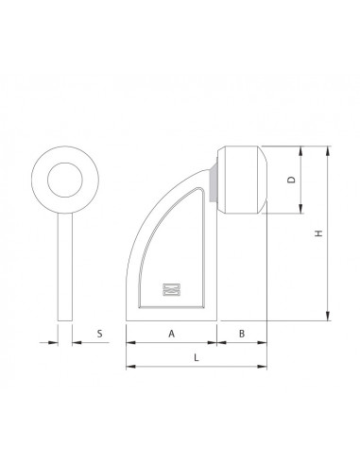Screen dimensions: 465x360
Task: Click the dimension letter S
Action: point(98,335)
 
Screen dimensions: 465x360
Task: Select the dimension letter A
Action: point(171,334)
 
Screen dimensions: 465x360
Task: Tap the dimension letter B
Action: point(242,334)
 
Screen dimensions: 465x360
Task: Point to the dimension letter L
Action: point(196,358)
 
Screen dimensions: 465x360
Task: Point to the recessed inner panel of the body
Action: point(175,246)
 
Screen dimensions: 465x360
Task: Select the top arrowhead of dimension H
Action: point(329,149)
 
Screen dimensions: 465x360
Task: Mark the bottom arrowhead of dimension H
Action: point(329,319)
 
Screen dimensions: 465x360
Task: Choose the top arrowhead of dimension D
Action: point(301,149)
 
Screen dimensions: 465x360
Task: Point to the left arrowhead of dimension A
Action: point(129,343)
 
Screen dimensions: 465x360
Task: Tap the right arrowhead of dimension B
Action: point(264,343)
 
